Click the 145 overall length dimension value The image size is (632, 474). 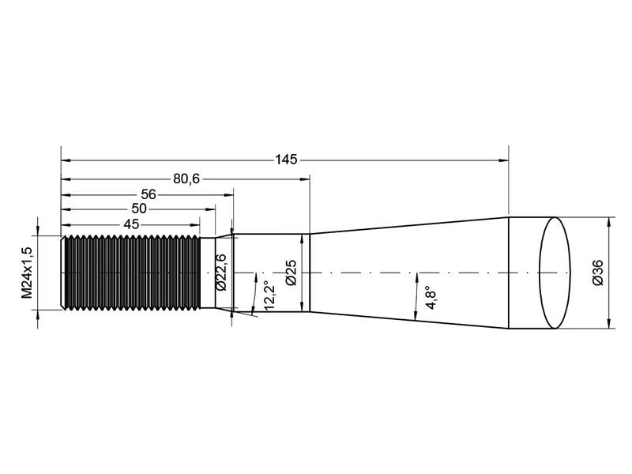(286, 160)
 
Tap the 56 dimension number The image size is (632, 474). (149, 194)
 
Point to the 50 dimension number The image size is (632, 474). (138, 209)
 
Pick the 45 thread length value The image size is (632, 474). (131, 224)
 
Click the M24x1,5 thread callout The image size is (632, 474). (27, 272)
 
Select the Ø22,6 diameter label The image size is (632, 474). (221, 272)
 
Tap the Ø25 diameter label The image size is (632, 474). (290, 272)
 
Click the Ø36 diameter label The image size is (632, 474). (598, 272)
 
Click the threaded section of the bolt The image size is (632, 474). (130, 273)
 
